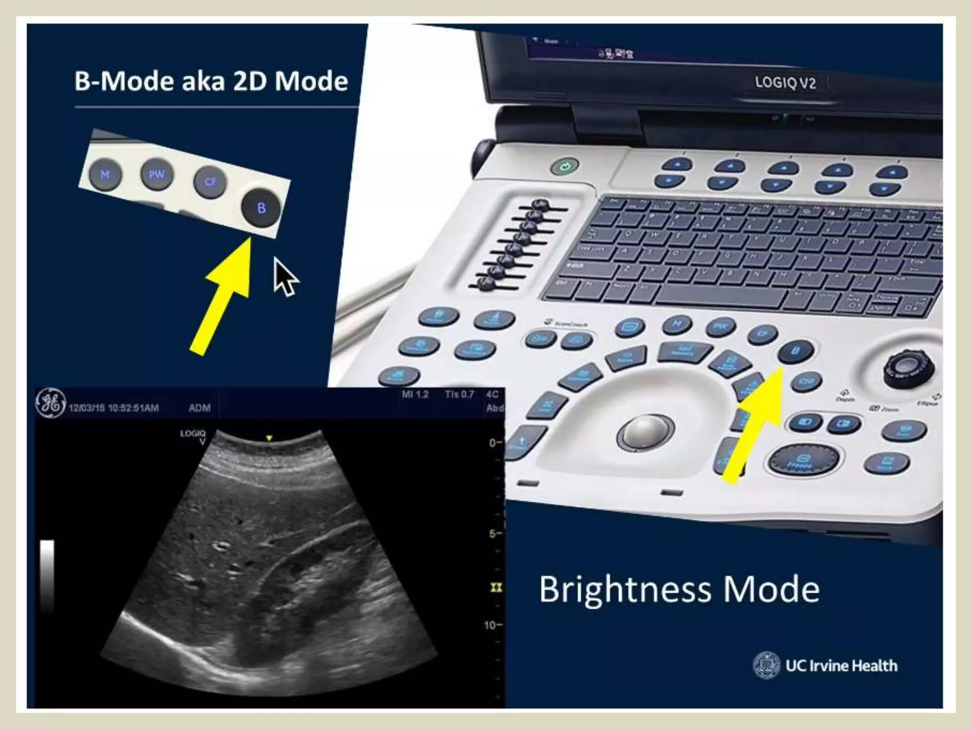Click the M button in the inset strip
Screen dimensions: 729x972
105,175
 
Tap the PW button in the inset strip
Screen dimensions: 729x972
157,174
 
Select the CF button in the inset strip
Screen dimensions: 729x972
210,182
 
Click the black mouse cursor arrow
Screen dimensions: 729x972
285,277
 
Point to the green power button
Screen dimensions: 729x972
565,167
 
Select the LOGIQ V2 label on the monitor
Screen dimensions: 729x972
785,83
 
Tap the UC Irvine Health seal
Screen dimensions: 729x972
766,665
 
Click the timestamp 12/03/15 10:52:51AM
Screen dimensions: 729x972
114,408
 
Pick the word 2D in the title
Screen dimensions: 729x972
251,81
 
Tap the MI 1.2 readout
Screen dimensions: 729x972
415,394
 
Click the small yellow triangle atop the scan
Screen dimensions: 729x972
269,438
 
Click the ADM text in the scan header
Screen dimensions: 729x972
199,408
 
